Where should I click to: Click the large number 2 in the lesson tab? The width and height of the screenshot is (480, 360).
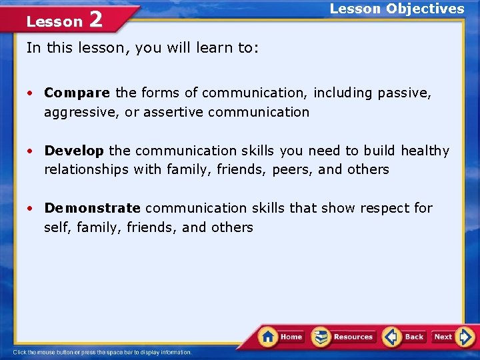pyautogui.click(x=96, y=20)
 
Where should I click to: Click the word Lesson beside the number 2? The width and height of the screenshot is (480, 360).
pyautogui.click(x=54, y=22)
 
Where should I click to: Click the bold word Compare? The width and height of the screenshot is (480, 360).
pyautogui.click(x=77, y=93)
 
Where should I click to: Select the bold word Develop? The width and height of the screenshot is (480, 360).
pyautogui.click(x=74, y=151)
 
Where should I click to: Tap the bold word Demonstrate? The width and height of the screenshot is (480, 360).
pyautogui.click(x=93, y=208)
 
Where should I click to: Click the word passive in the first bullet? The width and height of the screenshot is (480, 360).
pyautogui.click(x=403, y=93)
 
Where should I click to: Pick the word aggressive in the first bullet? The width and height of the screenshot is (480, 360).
pyautogui.click(x=82, y=113)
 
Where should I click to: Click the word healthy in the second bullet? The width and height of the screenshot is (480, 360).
pyautogui.click(x=425, y=151)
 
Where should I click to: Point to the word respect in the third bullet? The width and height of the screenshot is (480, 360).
pyautogui.click(x=384, y=208)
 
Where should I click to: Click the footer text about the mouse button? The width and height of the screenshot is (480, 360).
pyautogui.click(x=103, y=352)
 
